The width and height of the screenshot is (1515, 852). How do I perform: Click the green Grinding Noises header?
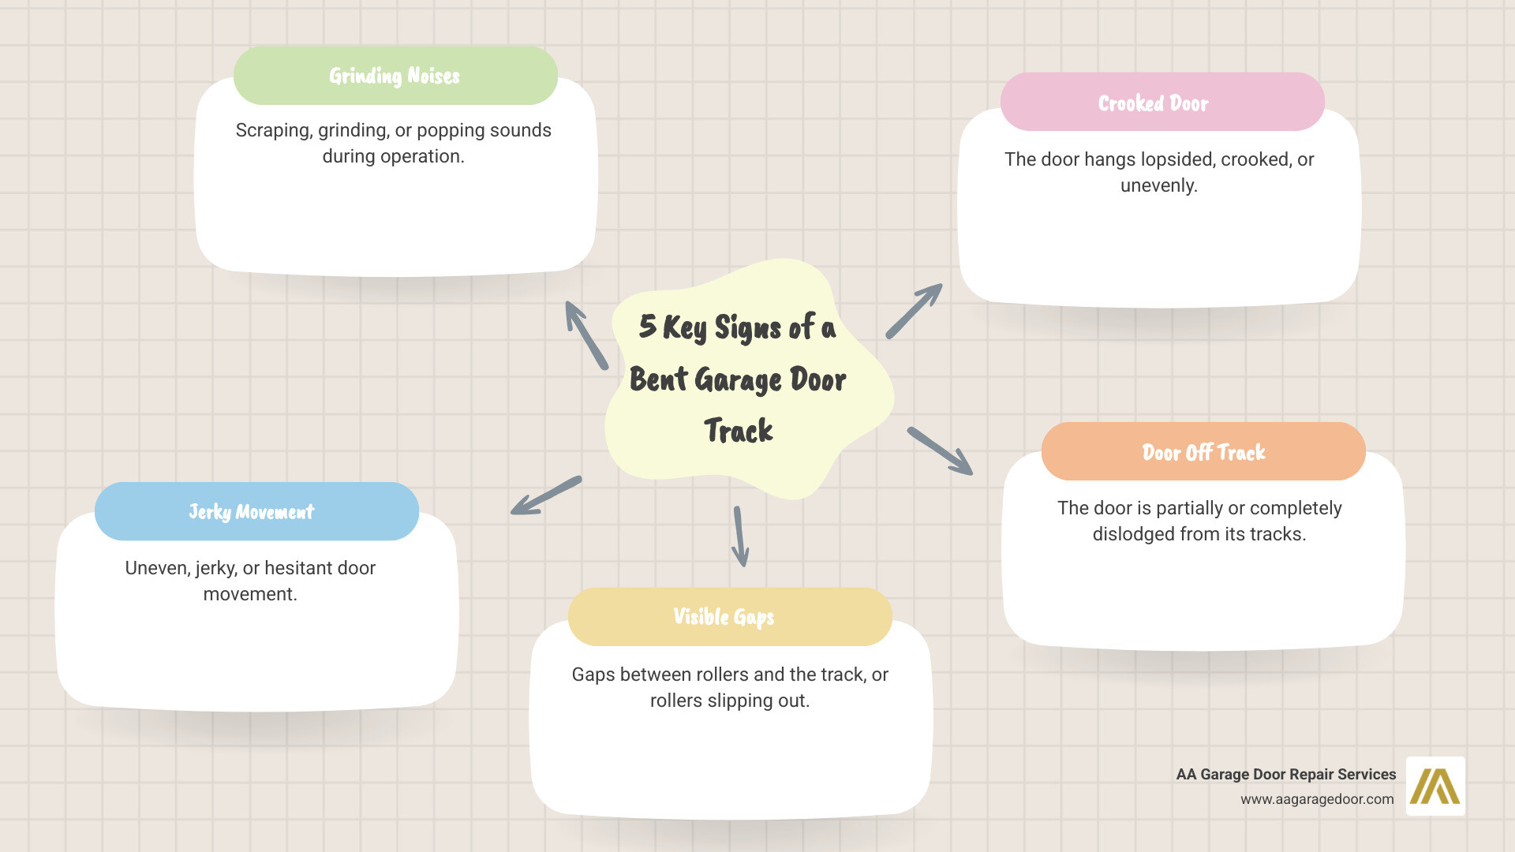(395, 76)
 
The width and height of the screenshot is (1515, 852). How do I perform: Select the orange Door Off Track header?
(1203, 452)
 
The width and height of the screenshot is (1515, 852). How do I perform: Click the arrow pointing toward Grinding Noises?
(586, 335)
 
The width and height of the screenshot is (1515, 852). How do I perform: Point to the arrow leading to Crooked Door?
(914, 311)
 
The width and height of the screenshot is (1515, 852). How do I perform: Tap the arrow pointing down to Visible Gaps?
(740, 536)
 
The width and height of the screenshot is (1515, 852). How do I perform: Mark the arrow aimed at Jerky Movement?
(546, 495)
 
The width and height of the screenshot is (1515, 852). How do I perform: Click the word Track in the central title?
(739, 431)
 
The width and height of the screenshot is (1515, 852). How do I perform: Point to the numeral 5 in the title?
(648, 326)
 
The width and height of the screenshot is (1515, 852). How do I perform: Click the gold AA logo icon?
(1435, 786)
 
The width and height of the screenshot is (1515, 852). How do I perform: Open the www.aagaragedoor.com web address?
(1317, 799)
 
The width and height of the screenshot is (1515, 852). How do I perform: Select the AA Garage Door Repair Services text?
(1285, 775)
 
